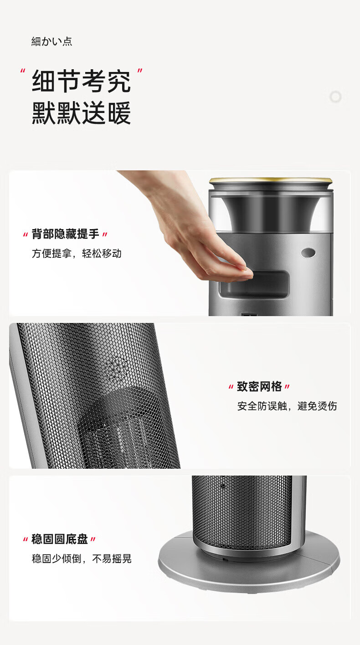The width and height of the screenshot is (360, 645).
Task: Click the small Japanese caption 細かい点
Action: click(52, 41)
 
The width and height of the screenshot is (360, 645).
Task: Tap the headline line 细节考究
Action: click(81, 81)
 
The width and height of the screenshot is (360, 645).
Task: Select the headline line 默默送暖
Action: click(81, 113)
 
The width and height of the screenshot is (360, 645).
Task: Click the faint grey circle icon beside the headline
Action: click(335, 97)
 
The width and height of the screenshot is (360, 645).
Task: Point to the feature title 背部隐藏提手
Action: click(65, 234)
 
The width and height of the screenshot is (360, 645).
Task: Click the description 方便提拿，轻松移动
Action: click(77, 253)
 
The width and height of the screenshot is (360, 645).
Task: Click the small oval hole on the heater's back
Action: click(308, 253)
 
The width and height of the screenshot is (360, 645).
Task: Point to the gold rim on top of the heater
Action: click(271, 180)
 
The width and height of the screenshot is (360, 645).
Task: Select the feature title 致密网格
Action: click(259, 386)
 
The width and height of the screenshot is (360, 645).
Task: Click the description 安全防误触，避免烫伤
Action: click(287, 406)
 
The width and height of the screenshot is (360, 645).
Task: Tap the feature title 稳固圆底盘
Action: click(60, 539)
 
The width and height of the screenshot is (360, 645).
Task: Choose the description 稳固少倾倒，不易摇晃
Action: click(82, 558)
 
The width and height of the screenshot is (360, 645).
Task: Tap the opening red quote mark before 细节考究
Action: click(23, 71)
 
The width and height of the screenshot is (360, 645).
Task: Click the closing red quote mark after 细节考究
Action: click(140, 71)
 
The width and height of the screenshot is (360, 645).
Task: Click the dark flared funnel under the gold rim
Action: click(271, 213)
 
